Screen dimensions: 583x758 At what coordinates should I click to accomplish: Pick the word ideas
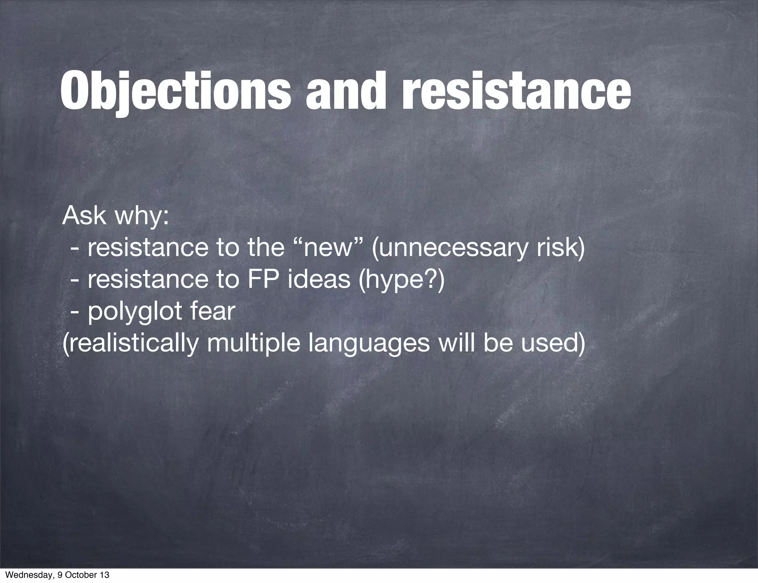pos(319,279)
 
